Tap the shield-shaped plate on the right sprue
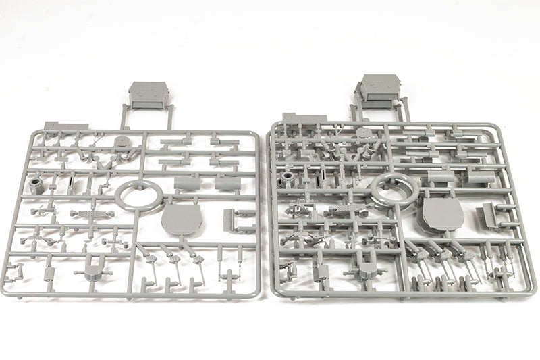(442, 215)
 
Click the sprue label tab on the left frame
(65, 126)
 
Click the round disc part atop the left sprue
(122, 143)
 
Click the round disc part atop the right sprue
(364, 133)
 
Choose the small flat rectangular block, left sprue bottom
(49, 273)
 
